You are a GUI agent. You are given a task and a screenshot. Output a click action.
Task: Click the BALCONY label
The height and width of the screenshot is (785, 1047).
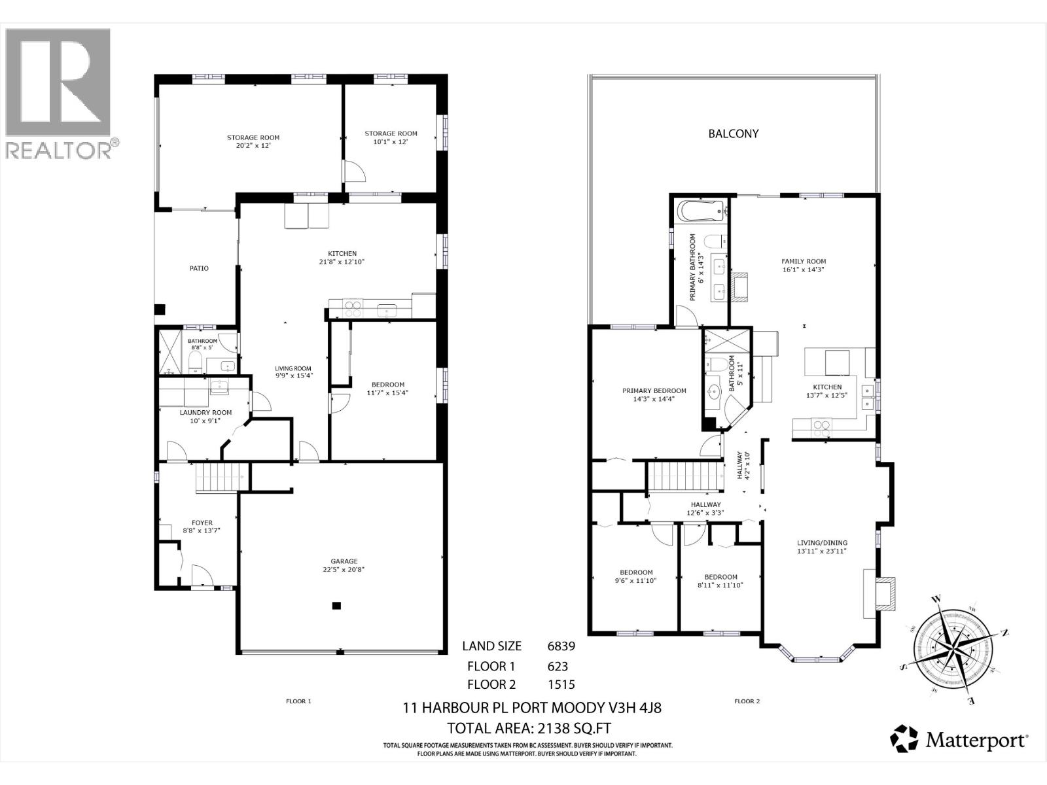733,133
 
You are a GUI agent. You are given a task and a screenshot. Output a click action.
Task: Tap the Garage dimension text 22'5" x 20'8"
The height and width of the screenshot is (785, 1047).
344,570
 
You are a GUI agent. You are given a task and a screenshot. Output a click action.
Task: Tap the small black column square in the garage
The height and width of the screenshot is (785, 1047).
336,606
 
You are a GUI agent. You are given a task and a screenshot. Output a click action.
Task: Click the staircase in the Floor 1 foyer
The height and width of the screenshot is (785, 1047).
222,478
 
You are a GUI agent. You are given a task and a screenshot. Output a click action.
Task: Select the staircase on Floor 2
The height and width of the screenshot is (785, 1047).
684,476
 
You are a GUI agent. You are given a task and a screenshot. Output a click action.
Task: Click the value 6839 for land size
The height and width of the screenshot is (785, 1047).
561,646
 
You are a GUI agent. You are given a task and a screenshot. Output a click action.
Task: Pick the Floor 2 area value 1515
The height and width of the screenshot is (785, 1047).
561,684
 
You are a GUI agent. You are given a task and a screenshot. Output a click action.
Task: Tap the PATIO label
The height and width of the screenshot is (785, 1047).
199,268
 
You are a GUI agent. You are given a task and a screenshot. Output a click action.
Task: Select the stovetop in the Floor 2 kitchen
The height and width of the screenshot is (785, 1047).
821,428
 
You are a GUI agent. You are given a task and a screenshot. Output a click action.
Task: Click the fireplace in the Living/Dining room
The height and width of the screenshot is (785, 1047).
879,593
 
